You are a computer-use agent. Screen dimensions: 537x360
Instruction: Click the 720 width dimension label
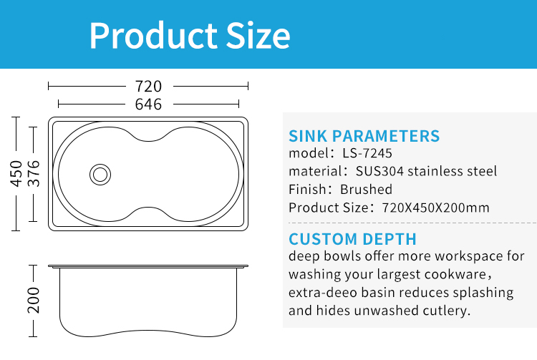pyautogui.click(x=148, y=86)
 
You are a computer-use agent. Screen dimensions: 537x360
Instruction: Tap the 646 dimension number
pyautogui.click(x=148, y=104)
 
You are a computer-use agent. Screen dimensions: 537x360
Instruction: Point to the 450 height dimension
pyautogui.click(x=16, y=173)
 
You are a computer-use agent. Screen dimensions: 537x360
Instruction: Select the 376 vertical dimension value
pyautogui.click(x=34, y=173)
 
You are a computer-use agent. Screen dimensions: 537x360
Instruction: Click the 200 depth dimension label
pyautogui.click(x=34, y=301)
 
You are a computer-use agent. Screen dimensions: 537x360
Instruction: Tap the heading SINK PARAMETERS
pyautogui.click(x=364, y=136)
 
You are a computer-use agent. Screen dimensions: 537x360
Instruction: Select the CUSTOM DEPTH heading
pyautogui.click(x=352, y=239)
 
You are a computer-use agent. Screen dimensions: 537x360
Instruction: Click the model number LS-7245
pyautogui.click(x=367, y=153)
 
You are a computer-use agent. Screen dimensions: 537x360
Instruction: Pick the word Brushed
pyautogui.click(x=366, y=189)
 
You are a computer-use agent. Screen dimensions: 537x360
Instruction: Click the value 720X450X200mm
pyautogui.click(x=435, y=208)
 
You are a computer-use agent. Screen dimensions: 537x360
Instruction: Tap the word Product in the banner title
pyautogui.click(x=153, y=36)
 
